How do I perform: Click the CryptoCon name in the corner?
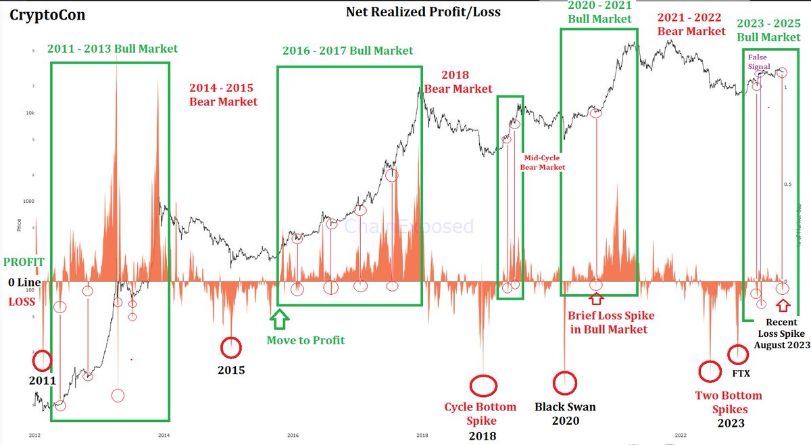click(47, 15)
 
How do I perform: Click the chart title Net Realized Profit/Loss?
click(423, 11)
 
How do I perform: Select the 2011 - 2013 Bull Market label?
click(113, 49)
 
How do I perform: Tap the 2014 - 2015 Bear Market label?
click(223, 95)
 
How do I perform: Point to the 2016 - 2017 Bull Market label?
click(347, 51)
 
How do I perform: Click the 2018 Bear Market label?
click(458, 82)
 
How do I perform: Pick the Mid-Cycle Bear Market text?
click(542, 162)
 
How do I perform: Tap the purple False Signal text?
click(758, 62)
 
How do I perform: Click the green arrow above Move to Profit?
click(279, 319)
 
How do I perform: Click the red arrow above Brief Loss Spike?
click(595, 298)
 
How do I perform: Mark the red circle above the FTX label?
click(737, 354)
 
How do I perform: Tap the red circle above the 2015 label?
click(231, 348)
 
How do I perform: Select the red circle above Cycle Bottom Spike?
click(483, 385)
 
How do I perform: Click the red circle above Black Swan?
click(564, 382)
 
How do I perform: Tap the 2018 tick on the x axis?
click(421, 435)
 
